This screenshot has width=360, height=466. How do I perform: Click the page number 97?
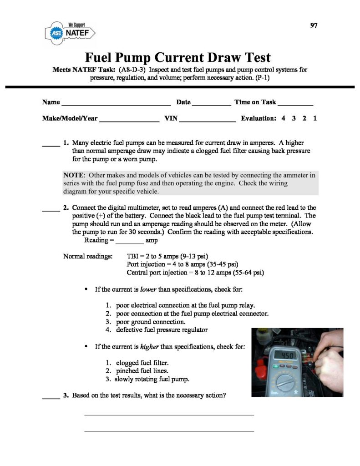click(314, 25)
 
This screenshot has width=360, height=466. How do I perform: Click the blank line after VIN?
click(208, 121)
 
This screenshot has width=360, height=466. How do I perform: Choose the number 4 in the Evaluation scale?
click(283, 118)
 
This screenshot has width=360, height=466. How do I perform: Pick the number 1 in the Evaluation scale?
click(314, 118)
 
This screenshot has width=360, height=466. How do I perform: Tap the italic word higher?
click(149, 347)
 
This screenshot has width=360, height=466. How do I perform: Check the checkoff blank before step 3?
click(51, 398)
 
